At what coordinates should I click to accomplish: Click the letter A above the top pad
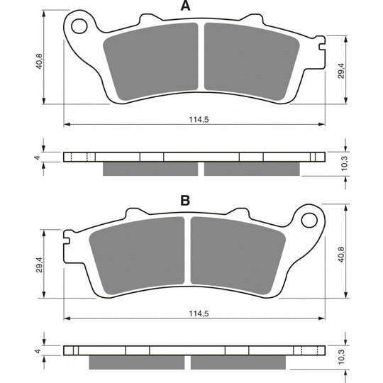(185, 6)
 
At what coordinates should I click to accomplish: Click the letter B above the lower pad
(185, 201)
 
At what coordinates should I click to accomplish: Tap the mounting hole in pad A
(79, 26)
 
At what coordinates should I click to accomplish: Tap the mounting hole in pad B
(309, 220)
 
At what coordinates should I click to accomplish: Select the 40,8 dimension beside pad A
(39, 61)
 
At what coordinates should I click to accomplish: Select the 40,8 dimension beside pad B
(341, 255)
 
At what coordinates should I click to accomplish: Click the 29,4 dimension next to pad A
(341, 71)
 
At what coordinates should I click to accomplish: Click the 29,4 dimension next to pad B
(39, 265)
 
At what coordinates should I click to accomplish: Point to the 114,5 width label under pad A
(199, 119)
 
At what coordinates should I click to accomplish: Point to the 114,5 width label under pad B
(199, 313)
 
